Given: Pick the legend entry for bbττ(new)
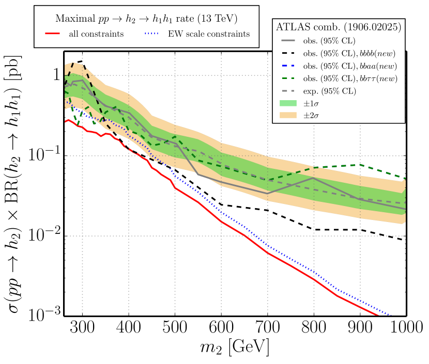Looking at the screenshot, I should pos(351,79).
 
